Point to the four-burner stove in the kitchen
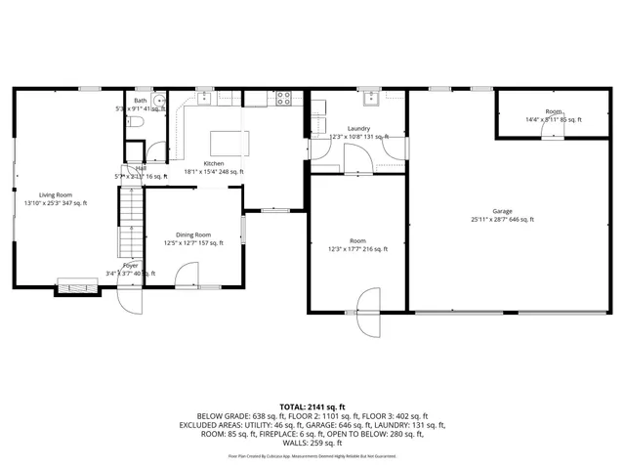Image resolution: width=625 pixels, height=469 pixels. point(283,97)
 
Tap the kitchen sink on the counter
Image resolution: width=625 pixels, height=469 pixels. point(207,97)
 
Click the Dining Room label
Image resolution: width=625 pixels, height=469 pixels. point(193,234)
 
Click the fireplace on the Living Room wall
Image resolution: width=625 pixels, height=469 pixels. point(76,285)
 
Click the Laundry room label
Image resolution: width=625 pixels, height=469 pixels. point(357,128)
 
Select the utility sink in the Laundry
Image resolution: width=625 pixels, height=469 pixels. point(371,98)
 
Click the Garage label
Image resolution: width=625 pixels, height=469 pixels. point(502,211)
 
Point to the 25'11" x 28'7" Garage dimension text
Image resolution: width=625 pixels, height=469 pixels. point(502,220)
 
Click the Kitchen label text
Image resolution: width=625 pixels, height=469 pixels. point(213,163)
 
